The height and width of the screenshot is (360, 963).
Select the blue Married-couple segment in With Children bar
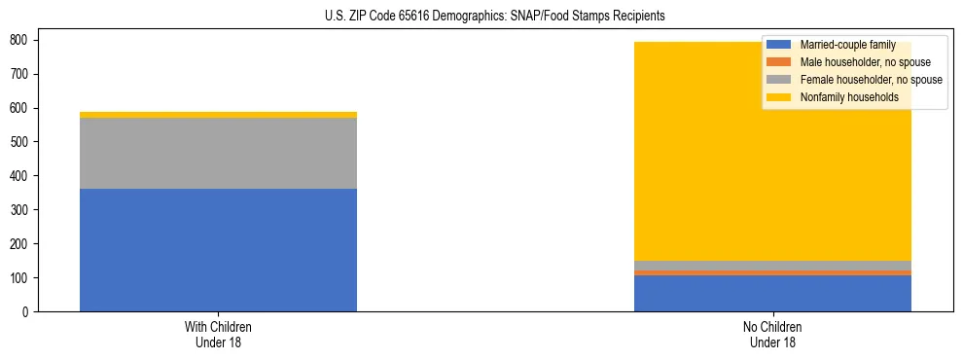point(218,250)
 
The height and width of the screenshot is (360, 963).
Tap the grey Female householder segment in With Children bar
point(218,153)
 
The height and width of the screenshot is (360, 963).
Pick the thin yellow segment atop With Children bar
point(218,115)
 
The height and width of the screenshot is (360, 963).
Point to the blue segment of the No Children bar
point(772,293)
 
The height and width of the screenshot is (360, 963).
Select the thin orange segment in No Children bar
point(772,272)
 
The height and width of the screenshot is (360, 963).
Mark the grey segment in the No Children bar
point(772,266)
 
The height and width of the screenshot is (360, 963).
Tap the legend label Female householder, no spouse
point(871,80)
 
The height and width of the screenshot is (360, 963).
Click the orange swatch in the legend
point(780,62)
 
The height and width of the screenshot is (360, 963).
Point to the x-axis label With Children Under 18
point(218,334)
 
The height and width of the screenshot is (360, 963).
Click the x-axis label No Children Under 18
point(772,334)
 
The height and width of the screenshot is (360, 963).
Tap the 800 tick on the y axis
point(18,40)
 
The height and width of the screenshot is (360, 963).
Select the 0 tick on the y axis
point(25,311)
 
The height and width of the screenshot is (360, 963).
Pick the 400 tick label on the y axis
point(18,176)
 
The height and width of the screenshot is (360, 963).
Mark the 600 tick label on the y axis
point(18,108)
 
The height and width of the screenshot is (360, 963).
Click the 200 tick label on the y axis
point(18,244)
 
